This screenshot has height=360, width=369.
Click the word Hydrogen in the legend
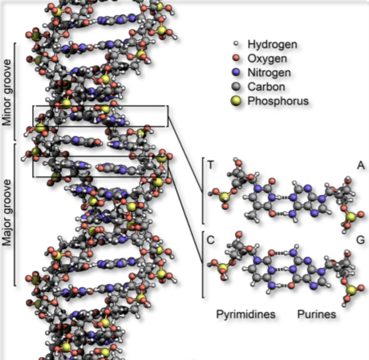(x=272, y=45)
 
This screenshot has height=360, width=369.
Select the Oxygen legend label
(x=267, y=59)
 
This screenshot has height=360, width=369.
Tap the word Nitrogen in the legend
(x=269, y=73)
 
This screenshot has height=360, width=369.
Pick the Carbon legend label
(x=266, y=87)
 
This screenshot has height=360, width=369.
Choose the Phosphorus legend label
(x=278, y=101)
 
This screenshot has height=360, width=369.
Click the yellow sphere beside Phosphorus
(x=236, y=101)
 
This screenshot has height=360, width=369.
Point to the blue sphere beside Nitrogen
(x=236, y=72)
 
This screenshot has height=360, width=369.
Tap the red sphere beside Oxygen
(x=236, y=58)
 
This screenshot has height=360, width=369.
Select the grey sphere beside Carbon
(x=236, y=87)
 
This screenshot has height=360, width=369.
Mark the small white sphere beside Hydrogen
(x=235, y=44)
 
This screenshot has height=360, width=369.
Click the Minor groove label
(x=6, y=92)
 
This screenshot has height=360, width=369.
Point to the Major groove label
(x=6, y=212)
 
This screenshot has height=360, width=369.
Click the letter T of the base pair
(x=211, y=165)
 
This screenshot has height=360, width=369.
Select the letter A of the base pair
(x=361, y=165)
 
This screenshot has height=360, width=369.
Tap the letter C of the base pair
(x=211, y=240)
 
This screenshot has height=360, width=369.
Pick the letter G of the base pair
(x=361, y=240)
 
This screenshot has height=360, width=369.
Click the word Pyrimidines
(x=246, y=314)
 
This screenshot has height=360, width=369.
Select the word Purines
(x=316, y=314)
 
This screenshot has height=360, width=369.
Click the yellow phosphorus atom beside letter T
(x=224, y=197)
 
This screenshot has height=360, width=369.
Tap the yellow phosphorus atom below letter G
(x=351, y=290)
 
